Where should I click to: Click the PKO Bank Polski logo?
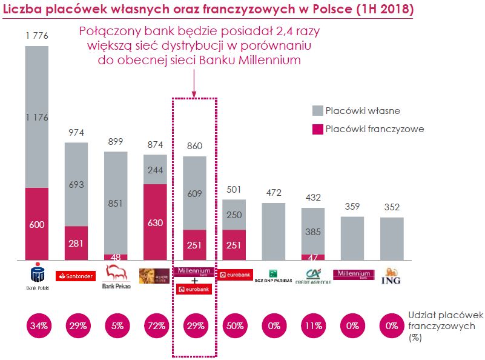pyautogui.click(x=37, y=276)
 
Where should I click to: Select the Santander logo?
pyautogui.click(x=76, y=276)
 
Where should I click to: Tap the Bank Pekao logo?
pyautogui.click(x=116, y=276)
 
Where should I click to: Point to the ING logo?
pyautogui.click(x=392, y=278)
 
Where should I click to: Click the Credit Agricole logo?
pyautogui.click(x=313, y=276)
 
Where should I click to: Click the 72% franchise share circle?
pyautogui.click(x=155, y=326)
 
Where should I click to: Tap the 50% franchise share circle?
pyautogui.click(x=234, y=326)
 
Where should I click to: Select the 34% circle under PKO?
pyautogui.click(x=37, y=326)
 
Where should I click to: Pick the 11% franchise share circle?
pyautogui.click(x=313, y=326)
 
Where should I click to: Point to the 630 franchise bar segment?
pyautogui.click(x=155, y=222)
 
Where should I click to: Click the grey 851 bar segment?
pyautogui.click(x=116, y=202)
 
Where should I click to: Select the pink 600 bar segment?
pyautogui.click(x=37, y=224)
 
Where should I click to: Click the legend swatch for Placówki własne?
pyautogui.click(x=318, y=111)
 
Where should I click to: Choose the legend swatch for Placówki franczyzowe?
pyautogui.click(x=318, y=128)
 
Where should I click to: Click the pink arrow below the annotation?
pyautogui.click(x=194, y=82)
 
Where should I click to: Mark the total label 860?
pyautogui.click(x=194, y=146)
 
